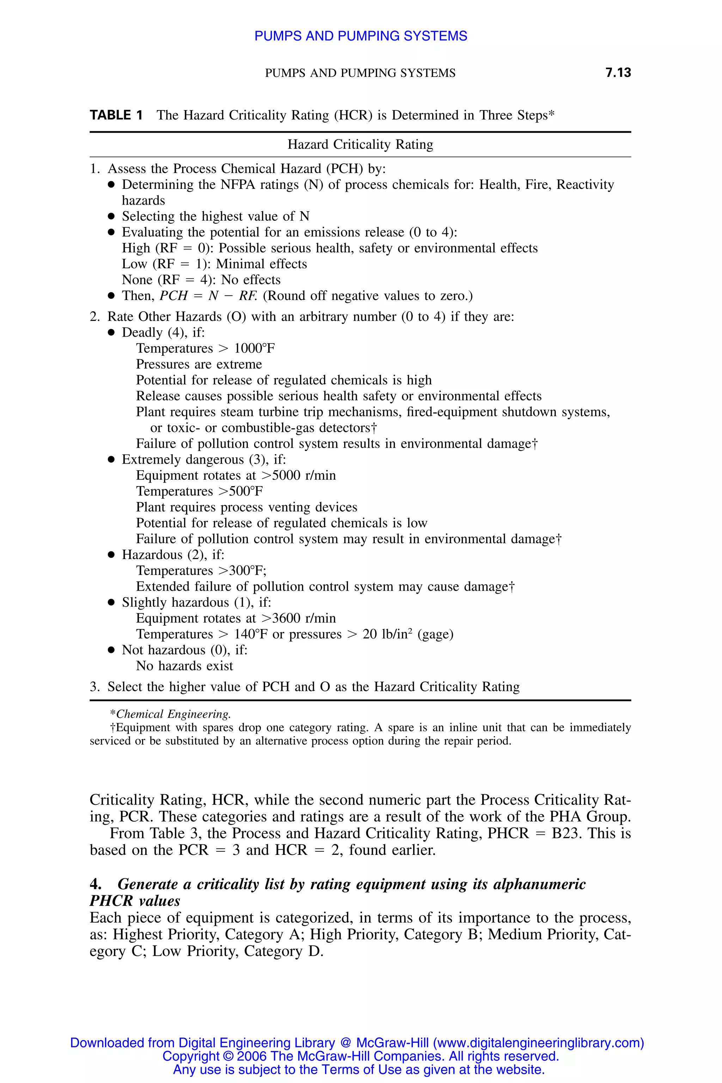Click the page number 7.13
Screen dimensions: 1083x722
[618, 72]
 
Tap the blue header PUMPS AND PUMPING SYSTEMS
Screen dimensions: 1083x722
[361, 36]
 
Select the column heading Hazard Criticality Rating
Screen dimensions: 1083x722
[360, 145]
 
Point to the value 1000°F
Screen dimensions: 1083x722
[254, 348]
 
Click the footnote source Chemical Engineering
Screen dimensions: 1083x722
[173, 714]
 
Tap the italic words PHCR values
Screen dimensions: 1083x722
[135, 901]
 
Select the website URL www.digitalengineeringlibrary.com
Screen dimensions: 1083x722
[538, 1043]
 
